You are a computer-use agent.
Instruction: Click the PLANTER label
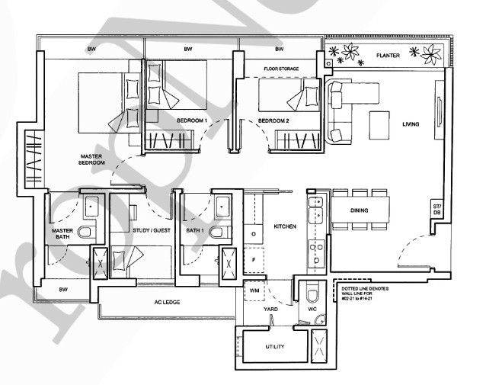click(388, 56)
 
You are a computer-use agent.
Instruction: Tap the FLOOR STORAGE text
click(281, 69)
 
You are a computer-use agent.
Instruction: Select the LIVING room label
click(411, 124)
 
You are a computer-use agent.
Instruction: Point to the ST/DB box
click(436, 210)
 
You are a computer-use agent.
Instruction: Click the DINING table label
click(360, 210)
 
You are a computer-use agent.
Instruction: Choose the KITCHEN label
click(285, 226)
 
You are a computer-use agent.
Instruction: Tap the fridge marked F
click(254, 260)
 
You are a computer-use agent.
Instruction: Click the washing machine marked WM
click(254, 290)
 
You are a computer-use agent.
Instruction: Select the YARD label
click(270, 310)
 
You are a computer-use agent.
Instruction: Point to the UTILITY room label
click(275, 347)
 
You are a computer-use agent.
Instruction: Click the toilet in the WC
click(312, 294)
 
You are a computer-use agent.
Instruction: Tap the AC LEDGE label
click(167, 302)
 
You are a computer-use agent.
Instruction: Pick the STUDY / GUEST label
click(152, 230)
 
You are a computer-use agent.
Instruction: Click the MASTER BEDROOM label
click(91, 159)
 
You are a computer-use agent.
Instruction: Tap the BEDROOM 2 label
click(273, 120)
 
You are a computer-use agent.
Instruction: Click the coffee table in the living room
click(379, 125)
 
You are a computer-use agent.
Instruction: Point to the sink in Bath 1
click(223, 207)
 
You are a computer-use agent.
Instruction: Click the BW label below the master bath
click(63, 290)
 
